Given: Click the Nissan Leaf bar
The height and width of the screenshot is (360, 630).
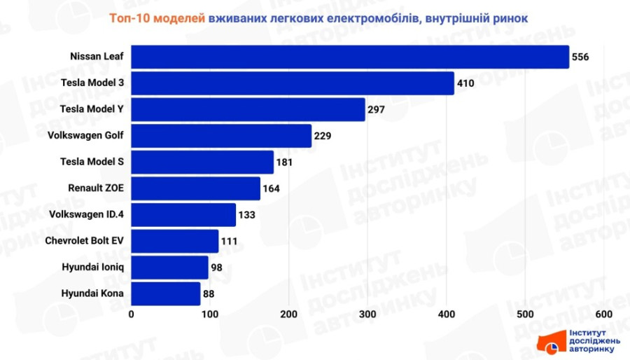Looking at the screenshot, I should point(350,57).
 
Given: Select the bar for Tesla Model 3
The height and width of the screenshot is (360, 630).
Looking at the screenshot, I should point(293,83).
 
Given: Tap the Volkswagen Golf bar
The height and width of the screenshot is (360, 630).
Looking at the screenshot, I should point(221,136).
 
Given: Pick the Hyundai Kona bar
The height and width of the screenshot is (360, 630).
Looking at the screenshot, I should point(166,293).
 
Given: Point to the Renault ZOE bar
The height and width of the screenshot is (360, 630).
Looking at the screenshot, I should point(196,188).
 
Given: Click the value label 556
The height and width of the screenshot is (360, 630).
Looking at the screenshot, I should point(580,57).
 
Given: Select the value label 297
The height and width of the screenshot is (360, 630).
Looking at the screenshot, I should point(377,110).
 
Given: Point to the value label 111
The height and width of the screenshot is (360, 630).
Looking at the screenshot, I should point(230,242).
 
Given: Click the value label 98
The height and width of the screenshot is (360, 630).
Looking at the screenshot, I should point(219,268).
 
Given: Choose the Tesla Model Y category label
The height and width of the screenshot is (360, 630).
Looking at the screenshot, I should point(92,109).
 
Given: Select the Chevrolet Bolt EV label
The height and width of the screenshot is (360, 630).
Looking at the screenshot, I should point(84,241).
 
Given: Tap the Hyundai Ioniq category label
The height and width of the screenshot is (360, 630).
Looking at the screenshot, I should point(92,267).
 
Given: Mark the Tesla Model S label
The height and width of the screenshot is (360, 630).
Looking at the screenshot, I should point(92,162).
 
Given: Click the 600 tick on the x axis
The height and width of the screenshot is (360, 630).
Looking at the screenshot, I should point(603,314).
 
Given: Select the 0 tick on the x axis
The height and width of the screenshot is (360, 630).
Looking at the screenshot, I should point(132,314).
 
